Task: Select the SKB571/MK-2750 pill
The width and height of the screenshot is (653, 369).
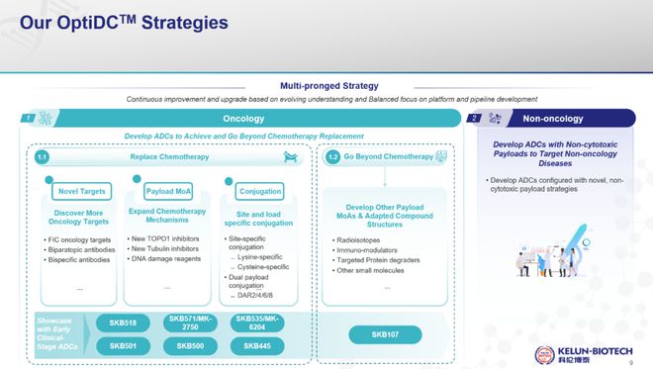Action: tap(190, 323)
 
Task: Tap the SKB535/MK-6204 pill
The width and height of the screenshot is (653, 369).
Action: tap(255, 323)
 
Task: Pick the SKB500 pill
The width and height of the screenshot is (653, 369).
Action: tap(190, 346)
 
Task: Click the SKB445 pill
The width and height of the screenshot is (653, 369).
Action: tap(255, 346)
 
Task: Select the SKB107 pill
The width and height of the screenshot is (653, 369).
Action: tap(385, 335)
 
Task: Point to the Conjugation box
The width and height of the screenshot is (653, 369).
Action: tap(260, 190)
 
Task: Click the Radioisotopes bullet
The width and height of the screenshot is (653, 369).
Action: tap(362, 239)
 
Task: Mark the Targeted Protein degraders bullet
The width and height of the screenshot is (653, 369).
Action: tap(381, 259)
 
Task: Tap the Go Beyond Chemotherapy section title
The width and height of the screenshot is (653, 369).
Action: tap(393, 156)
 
